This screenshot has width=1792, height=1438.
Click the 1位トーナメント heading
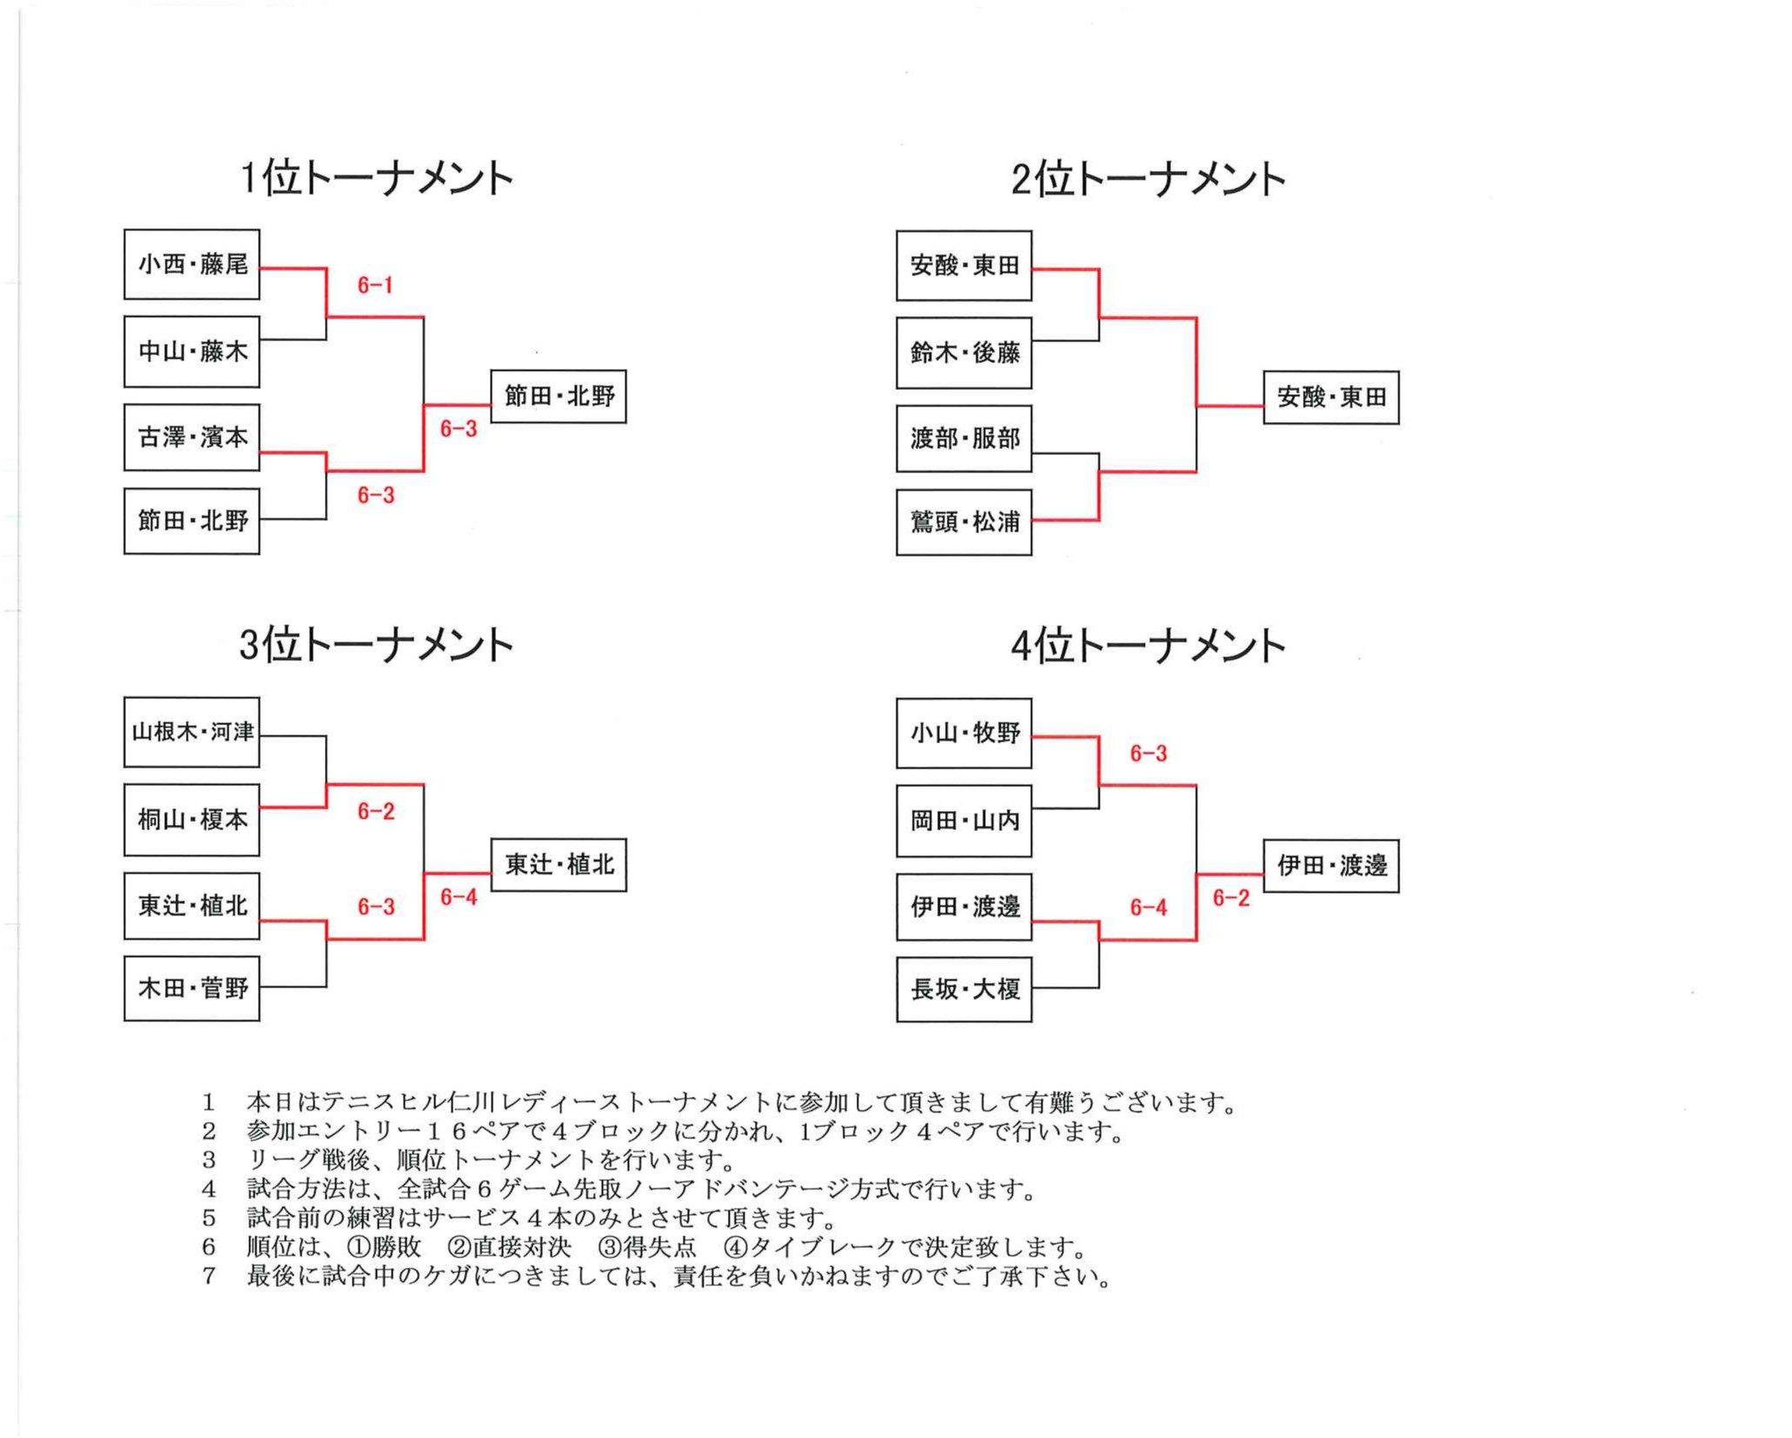pyautogui.click(x=376, y=178)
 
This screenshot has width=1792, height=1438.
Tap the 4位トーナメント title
pyautogui.click(x=1147, y=646)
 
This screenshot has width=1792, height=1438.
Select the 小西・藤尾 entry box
pyautogui.click(x=192, y=265)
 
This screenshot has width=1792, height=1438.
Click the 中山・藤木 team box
pyautogui.click(x=192, y=352)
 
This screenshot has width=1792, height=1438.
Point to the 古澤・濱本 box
pyautogui.click(x=192, y=438)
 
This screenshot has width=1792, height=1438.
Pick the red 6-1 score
pyautogui.click(x=375, y=285)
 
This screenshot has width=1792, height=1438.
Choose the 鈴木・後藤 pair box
pyautogui.click(x=964, y=353)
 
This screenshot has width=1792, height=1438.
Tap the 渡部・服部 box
pyautogui.click(x=964, y=439)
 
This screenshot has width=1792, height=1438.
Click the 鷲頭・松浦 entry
pyautogui.click(x=964, y=522)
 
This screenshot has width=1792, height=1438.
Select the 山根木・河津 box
pyautogui.click(x=192, y=732)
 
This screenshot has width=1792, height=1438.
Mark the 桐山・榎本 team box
pyautogui.click(x=192, y=820)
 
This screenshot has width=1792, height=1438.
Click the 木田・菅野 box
pyautogui.click(x=192, y=988)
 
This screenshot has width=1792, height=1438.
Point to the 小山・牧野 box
pyautogui.click(x=964, y=734)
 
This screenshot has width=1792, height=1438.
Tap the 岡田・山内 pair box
pyautogui.click(x=964, y=821)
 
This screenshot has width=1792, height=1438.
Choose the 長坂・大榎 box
pyautogui.click(x=964, y=989)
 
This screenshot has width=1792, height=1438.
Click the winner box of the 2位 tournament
pyautogui.click(x=1331, y=398)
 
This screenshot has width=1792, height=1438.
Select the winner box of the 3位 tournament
pyautogui.click(x=559, y=865)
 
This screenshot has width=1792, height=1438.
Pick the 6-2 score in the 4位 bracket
pyautogui.click(x=1231, y=898)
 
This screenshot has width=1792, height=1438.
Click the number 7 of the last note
pyautogui.click(x=208, y=1276)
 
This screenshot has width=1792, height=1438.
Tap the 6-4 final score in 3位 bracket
pyautogui.click(x=459, y=897)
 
